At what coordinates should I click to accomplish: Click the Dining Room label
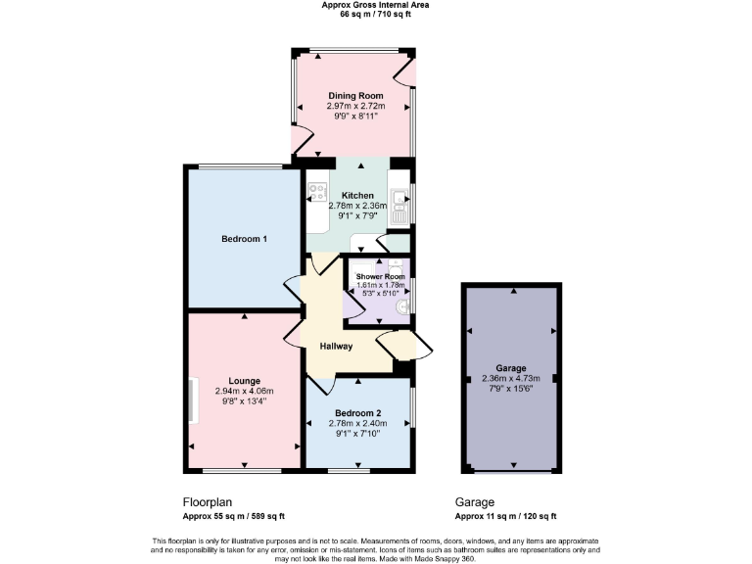[354, 95]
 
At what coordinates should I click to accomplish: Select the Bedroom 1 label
[244, 239]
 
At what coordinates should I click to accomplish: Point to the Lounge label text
[244, 381]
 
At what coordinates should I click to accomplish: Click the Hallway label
[337, 347]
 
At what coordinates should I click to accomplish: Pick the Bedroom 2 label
[357, 413]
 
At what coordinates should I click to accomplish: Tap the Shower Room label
[380, 277]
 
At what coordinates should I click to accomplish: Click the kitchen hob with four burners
[316, 191]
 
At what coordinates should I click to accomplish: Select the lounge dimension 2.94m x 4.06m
[244, 391]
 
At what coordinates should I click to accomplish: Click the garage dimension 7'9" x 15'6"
[510, 390]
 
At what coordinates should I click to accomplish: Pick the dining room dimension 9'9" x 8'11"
[354, 116]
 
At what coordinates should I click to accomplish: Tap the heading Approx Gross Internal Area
[375, 5]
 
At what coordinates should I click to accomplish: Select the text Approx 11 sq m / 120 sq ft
[505, 516]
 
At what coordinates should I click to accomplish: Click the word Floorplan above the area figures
[207, 501]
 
